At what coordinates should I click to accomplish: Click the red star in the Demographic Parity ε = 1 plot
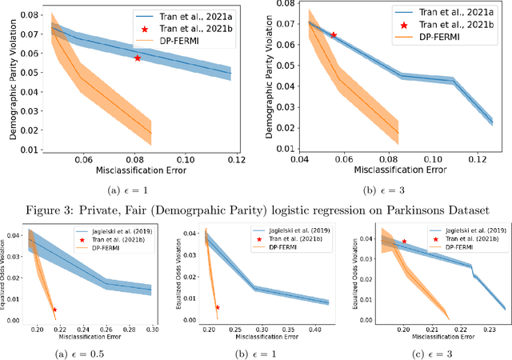coord(138,58)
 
